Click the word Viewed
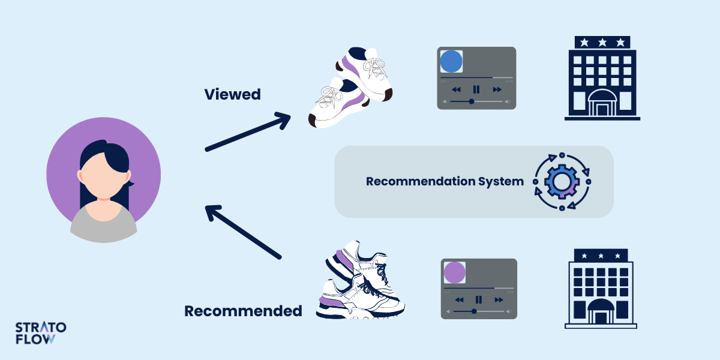tap(232, 94)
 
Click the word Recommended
tap(243, 311)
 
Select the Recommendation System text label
tap(445, 181)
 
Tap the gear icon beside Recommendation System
tap(562, 181)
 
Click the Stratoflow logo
tap(41, 333)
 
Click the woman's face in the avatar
tap(103, 175)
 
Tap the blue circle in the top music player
tap(451, 62)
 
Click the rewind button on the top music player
tap(456, 89)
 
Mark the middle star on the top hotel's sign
tap(602, 42)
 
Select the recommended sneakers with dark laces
tap(360, 282)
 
